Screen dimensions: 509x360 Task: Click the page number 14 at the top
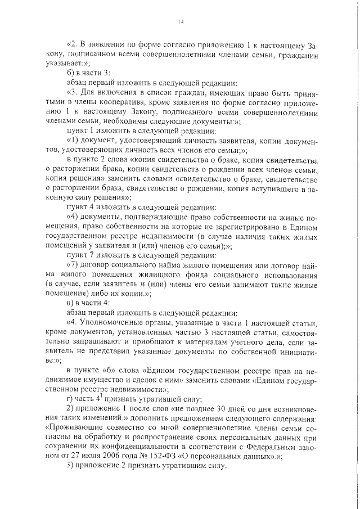point(181,22)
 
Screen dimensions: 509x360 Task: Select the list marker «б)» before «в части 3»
point(71,72)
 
